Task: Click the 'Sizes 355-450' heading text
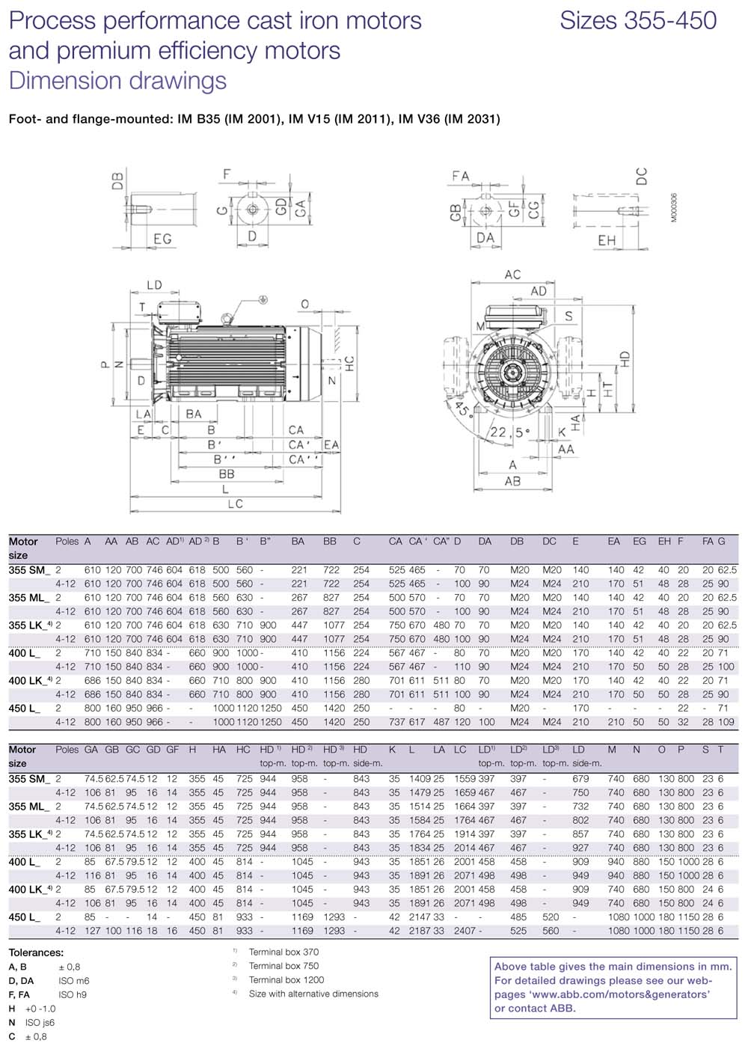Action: pyautogui.click(x=638, y=21)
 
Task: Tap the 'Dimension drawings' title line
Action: pyautogui.click(x=117, y=81)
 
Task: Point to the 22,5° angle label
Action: pyautogui.click(x=509, y=432)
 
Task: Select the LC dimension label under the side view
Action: pyautogui.click(x=236, y=504)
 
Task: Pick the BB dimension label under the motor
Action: pyautogui.click(x=227, y=474)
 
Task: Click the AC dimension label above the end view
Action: pyautogui.click(x=512, y=275)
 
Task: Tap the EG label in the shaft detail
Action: pyautogui.click(x=162, y=239)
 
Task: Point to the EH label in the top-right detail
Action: pyautogui.click(x=607, y=241)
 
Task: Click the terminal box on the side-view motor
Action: pyautogui.click(x=180, y=313)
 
